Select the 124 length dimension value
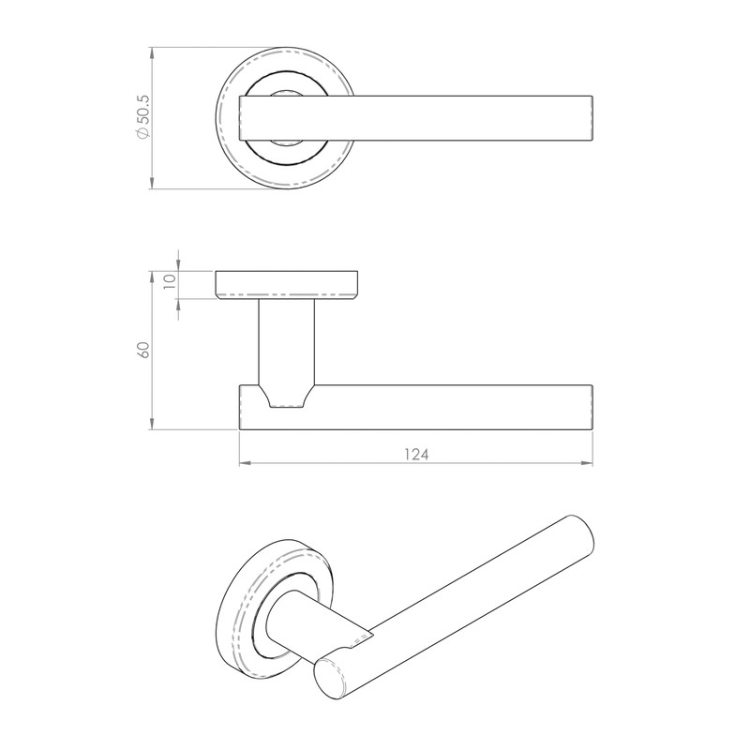(x=416, y=454)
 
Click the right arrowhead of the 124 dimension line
(x=589, y=463)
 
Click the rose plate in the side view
(x=287, y=283)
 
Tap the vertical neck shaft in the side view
(x=286, y=337)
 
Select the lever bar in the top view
(x=422, y=118)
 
